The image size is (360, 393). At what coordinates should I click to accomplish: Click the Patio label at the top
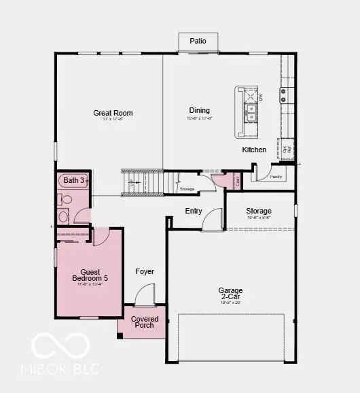pyautogui.click(x=198, y=41)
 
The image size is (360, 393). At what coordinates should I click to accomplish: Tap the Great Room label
pyautogui.click(x=113, y=113)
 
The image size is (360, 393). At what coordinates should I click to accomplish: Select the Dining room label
pyautogui.click(x=199, y=110)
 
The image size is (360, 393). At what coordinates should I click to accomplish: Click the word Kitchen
pyautogui.click(x=254, y=150)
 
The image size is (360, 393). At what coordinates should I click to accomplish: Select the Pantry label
pyautogui.click(x=275, y=177)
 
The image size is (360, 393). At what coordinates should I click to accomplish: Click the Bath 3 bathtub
pyautogui.click(x=73, y=180)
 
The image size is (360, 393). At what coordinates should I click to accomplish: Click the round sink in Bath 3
pyautogui.click(x=63, y=217)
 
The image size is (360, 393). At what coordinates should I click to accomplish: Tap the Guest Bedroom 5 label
pyautogui.click(x=90, y=274)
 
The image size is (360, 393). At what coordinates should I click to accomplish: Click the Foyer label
pyautogui.click(x=145, y=271)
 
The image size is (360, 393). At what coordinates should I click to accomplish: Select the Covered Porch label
pyautogui.click(x=145, y=322)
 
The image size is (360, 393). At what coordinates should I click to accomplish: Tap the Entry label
pyautogui.click(x=194, y=211)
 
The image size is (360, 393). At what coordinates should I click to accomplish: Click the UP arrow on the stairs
pyautogui.click(x=130, y=183)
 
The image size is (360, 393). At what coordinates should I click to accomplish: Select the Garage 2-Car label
pyautogui.click(x=230, y=294)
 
